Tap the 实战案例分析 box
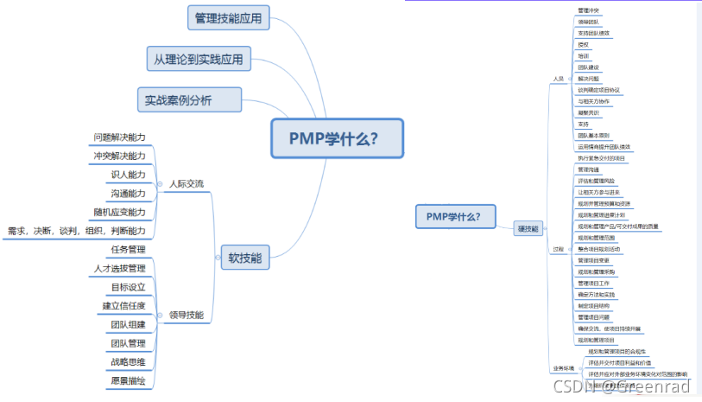(x=189, y=99)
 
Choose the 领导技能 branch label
(x=187, y=316)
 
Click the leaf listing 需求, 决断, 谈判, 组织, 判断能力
(x=76, y=231)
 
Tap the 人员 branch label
(x=558, y=79)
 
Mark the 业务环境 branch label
(x=562, y=368)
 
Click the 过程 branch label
(x=558, y=249)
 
